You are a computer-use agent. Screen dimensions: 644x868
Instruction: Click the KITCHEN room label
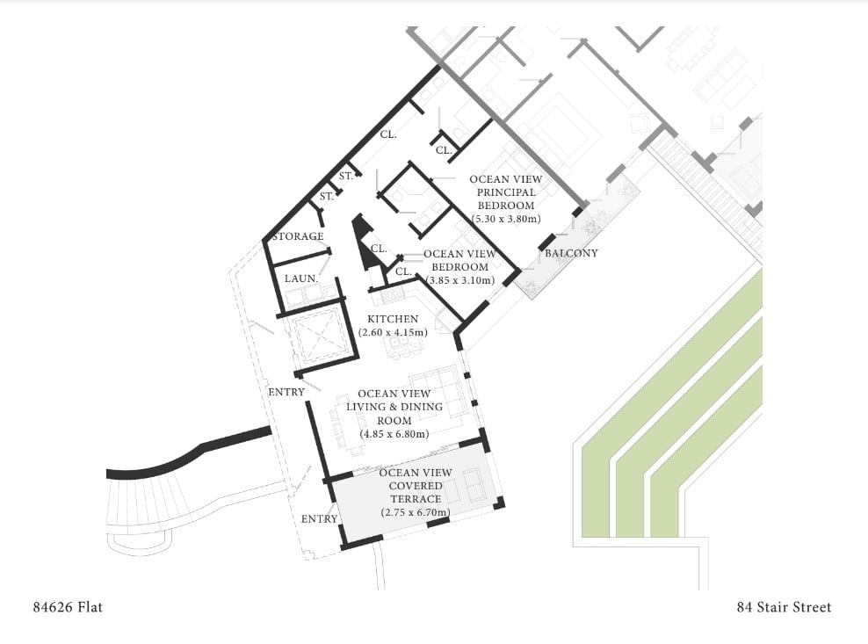pyautogui.click(x=392, y=319)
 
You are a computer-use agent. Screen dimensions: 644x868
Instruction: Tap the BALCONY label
pyautogui.click(x=571, y=254)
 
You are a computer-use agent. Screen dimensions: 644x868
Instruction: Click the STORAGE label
pyautogui.click(x=297, y=236)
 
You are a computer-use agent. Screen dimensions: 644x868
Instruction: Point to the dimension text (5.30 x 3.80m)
pyautogui.click(x=505, y=219)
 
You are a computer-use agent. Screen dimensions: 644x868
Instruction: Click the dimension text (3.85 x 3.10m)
pyautogui.click(x=459, y=280)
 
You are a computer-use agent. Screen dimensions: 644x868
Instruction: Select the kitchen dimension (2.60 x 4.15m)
pyautogui.click(x=392, y=332)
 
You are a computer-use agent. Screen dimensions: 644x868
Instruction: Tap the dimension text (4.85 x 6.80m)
pyautogui.click(x=394, y=434)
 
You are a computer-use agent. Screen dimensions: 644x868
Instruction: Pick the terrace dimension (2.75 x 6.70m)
pyautogui.click(x=415, y=512)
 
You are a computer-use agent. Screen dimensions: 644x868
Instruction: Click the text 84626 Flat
pyautogui.click(x=68, y=607)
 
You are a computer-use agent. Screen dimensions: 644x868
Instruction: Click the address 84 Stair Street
pyautogui.click(x=784, y=607)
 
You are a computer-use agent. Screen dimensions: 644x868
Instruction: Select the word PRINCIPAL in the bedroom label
pyautogui.click(x=505, y=192)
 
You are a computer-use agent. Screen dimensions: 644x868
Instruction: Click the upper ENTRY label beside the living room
pyautogui.click(x=286, y=392)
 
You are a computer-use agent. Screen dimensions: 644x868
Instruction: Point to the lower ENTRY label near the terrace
pyautogui.click(x=319, y=519)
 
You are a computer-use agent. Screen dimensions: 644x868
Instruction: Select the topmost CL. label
pyautogui.click(x=387, y=135)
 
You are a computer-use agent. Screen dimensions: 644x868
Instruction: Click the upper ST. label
pyautogui.click(x=345, y=176)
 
